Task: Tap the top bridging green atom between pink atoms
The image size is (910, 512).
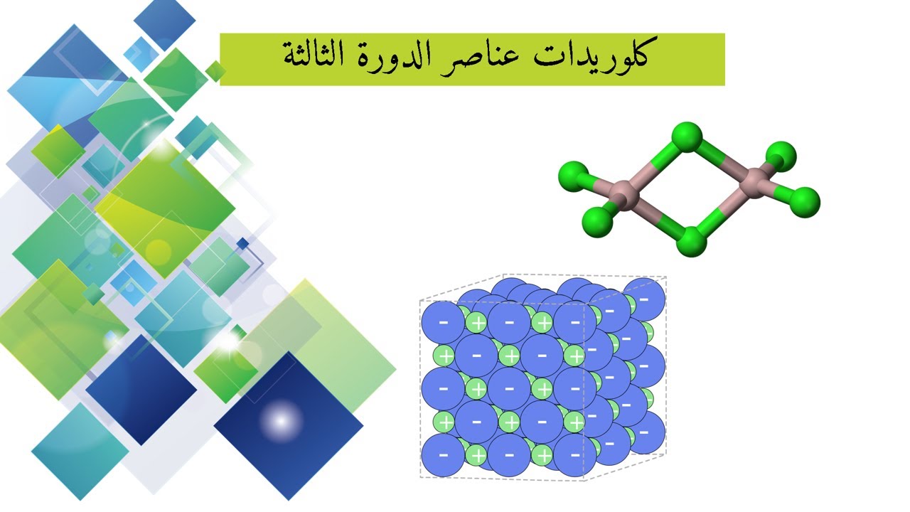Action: click(687, 137)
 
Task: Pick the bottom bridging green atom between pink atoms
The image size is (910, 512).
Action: click(691, 242)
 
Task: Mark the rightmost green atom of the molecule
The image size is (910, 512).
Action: click(805, 202)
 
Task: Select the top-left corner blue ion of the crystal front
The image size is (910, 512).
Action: click(443, 322)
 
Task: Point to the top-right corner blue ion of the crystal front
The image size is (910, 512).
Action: click(575, 322)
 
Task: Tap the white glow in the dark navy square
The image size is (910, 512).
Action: click(281, 420)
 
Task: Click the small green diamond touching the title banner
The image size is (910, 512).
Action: click(215, 70)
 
